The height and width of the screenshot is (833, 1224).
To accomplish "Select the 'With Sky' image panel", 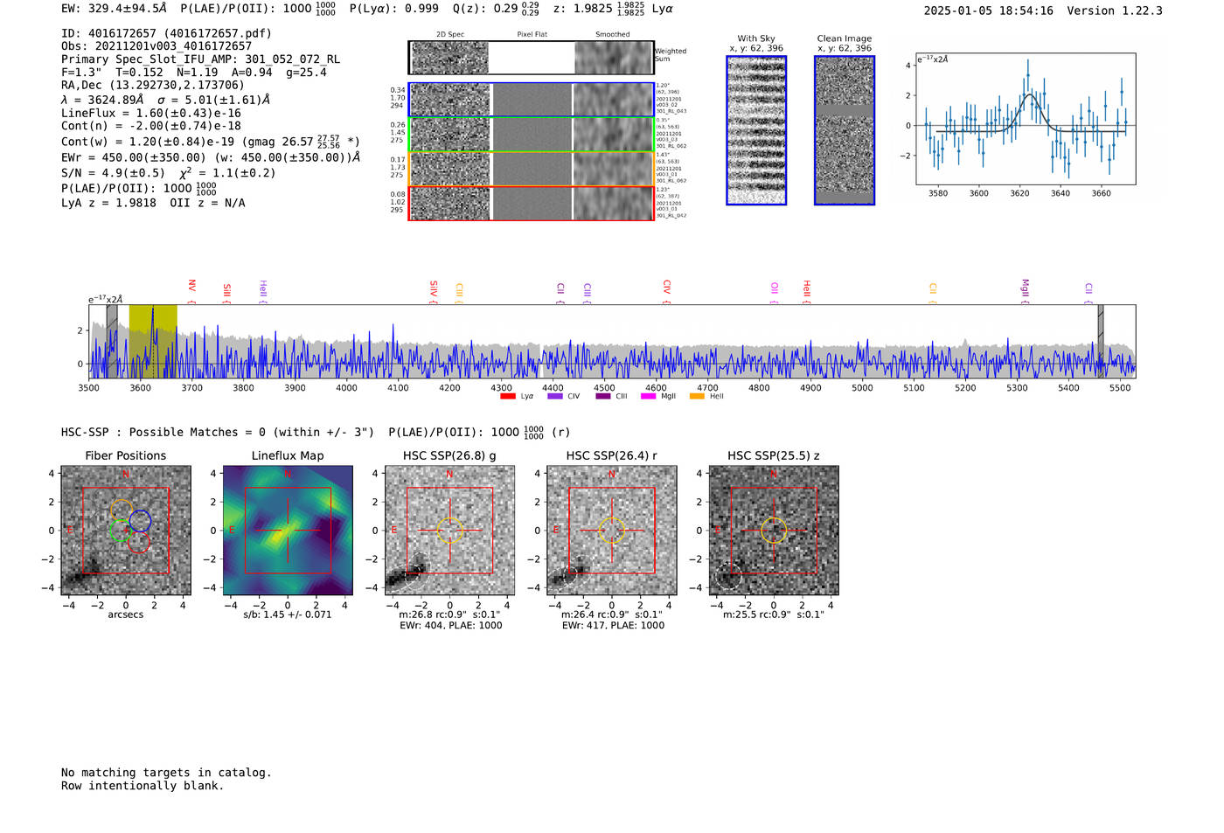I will click(x=756, y=130).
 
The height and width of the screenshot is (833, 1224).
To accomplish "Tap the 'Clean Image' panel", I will click(x=845, y=130).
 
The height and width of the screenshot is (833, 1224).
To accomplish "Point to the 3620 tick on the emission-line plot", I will click(x=1019, y=193).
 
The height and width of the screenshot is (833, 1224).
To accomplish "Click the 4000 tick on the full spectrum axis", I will click(x=346, y=387).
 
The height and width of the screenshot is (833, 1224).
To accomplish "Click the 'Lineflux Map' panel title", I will click(x=287, y=455).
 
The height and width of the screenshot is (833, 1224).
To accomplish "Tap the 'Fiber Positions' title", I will click(x=125, y=455).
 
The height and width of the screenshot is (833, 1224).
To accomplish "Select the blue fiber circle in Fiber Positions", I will click(x=140, y=522).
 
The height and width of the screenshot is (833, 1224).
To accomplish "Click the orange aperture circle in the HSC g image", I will click(x=449, y=530).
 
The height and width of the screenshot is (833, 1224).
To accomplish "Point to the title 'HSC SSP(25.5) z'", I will click(x=773, y=455).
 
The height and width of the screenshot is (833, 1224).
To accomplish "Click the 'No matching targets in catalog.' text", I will click(x=166, y=773).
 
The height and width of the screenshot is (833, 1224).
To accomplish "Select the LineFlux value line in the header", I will click(x=150, y=113).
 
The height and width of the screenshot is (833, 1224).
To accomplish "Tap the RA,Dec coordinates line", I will click(x=152, y=86).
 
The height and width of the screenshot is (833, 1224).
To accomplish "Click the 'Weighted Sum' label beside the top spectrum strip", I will click(x=671, y=55).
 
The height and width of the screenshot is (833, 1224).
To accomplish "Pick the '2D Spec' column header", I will click(x=449, y=35).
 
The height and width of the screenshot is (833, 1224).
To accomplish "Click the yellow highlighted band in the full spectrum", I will click(x=153, y=341).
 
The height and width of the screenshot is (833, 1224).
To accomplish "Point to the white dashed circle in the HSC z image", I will click(x=728, y=577).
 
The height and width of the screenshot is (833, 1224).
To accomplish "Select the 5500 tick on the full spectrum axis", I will click(x=1120, y=387).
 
